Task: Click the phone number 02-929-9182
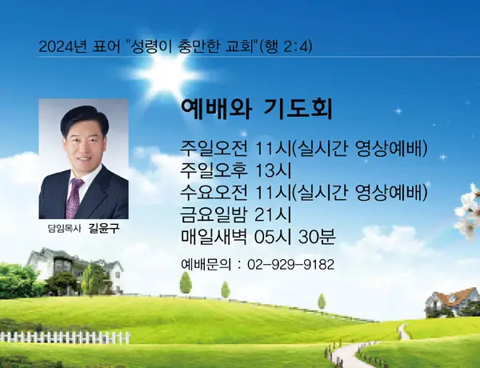[291, 264]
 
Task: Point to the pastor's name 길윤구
[103, 228]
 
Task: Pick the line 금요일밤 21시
[238, 214]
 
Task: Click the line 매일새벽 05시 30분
[259, 236]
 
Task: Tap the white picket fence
[64, 337]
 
